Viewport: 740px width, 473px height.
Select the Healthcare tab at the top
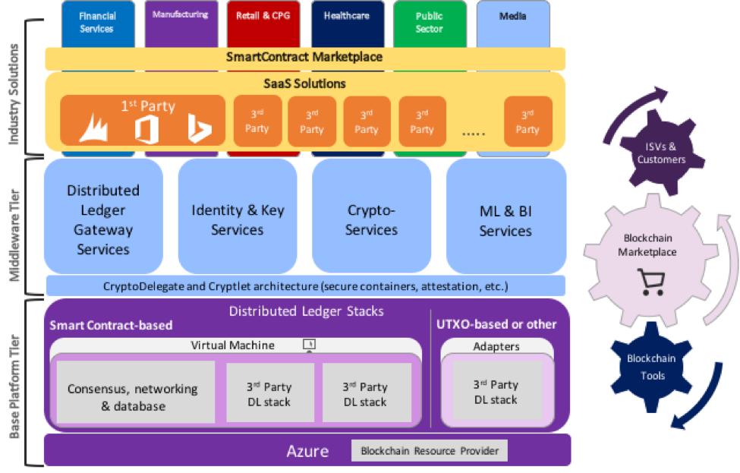[x=346, y=17]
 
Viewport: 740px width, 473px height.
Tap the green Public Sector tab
[x=429, y=22]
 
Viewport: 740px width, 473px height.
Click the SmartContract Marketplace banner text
[x=304, y=57]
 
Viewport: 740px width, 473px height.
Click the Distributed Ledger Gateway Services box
[x=103, y=219]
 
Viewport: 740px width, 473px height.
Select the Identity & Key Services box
[x=238, y=219]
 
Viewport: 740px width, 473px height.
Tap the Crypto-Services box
[x=371, y=219]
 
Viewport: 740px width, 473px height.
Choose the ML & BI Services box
[x=505, y=220]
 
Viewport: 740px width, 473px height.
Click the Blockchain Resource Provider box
[x=430, y=451]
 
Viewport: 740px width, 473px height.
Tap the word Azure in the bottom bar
[x=307, y=452]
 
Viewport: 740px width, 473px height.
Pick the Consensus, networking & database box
[x=132, y=397]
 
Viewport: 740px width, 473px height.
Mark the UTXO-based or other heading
[x=496, y=325]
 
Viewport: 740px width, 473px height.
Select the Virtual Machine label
[x=232, y=345]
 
